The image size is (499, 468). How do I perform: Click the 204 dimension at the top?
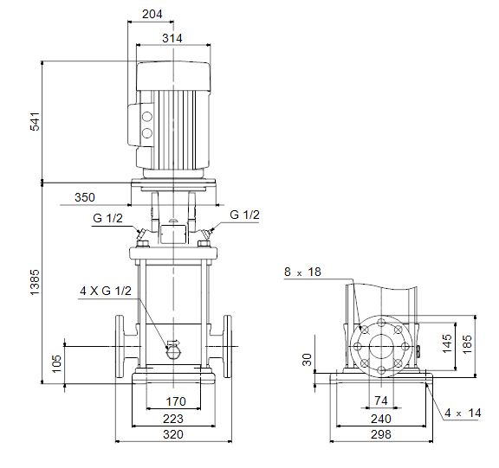152,15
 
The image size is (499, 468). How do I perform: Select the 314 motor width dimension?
172,38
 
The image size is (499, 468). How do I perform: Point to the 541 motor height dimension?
35,121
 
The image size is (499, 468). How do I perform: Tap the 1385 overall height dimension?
35,283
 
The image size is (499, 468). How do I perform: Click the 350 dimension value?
85,197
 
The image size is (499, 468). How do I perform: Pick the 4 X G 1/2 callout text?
106,291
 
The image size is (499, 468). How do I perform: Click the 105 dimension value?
56,364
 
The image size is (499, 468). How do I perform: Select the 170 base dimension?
176,401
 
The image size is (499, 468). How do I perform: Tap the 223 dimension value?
173,419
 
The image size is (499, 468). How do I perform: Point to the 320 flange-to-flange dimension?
173,434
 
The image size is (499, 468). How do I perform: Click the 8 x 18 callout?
302,272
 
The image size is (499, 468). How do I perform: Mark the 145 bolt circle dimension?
447,343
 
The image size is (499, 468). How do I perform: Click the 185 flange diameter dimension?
467,344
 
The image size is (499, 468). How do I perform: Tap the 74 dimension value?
381,401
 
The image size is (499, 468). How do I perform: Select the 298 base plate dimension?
381,434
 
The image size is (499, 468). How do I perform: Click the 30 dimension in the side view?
307,360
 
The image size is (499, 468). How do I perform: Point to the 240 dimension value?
381,419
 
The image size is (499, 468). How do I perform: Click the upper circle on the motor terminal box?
147,117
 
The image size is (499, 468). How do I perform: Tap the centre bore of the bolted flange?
381,347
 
